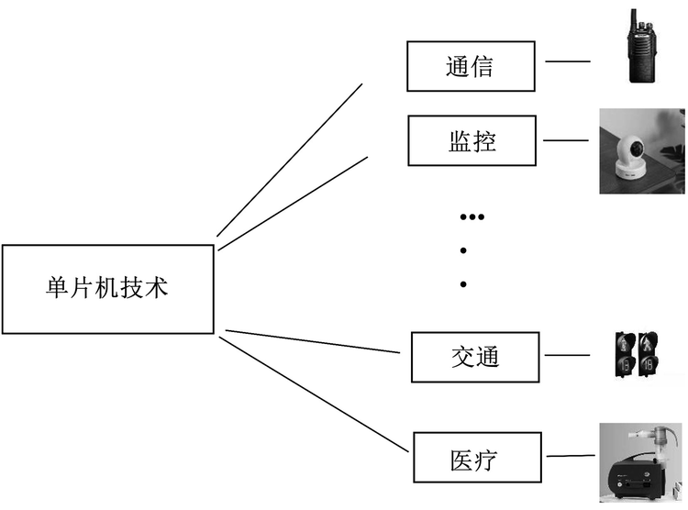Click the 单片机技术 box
click(107, 289)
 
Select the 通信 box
click(471, 66)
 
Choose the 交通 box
click(474, 357)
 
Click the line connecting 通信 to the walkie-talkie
click(568, 62)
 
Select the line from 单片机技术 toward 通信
click(289, 160)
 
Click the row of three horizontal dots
click(471, 217)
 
